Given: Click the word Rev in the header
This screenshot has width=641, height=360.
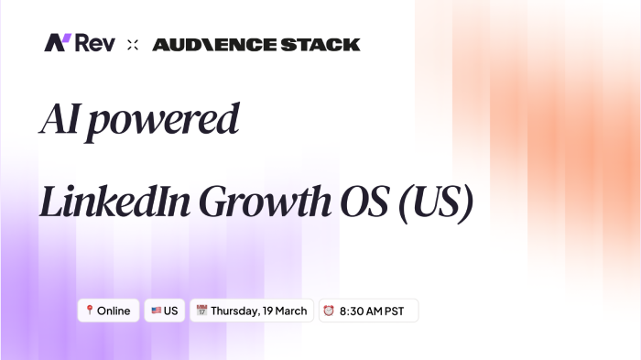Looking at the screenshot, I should click(95, 43).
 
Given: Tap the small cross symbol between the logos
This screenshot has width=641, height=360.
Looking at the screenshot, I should click(133, 44).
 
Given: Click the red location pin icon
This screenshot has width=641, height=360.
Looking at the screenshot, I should click(89, 311).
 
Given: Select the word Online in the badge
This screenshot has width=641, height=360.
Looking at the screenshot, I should click(114, 311).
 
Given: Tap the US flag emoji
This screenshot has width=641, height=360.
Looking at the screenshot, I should click(156, 311).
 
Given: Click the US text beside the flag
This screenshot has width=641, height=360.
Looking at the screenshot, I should click(171, 311).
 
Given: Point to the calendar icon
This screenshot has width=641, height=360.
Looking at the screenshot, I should click(201, 311).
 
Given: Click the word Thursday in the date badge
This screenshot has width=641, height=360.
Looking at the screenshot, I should click(236, 311).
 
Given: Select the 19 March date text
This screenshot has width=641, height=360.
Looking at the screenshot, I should click(287, 311).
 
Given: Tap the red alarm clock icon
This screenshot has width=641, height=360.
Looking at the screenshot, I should click(328, 311).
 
